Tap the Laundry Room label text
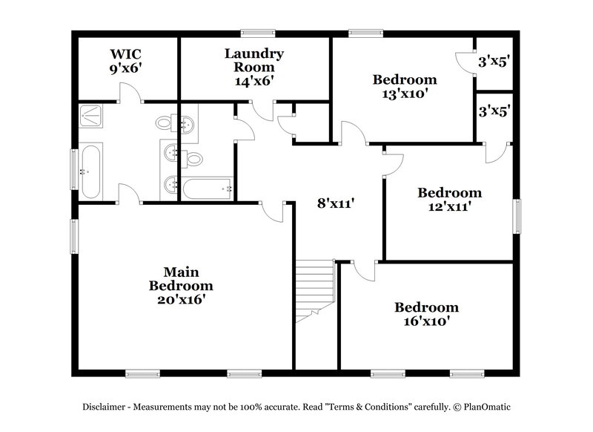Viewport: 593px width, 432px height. coord(254,67)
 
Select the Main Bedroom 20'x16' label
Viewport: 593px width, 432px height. coord(181,286)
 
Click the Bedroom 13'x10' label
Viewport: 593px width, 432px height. coord(404,87)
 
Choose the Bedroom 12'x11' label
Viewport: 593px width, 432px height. coord(449,200)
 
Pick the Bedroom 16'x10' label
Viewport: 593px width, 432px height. coord(425,315)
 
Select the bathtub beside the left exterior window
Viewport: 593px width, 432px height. coord(91,170)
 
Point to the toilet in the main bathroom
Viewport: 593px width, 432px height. coord(166,123)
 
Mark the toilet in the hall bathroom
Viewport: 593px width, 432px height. coord(193,158)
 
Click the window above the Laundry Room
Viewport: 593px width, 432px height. coord(258,32)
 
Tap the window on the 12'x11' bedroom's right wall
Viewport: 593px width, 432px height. coord(517,217)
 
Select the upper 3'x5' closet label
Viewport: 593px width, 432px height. coord(492,62)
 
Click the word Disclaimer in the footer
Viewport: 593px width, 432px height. coord(107,407)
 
